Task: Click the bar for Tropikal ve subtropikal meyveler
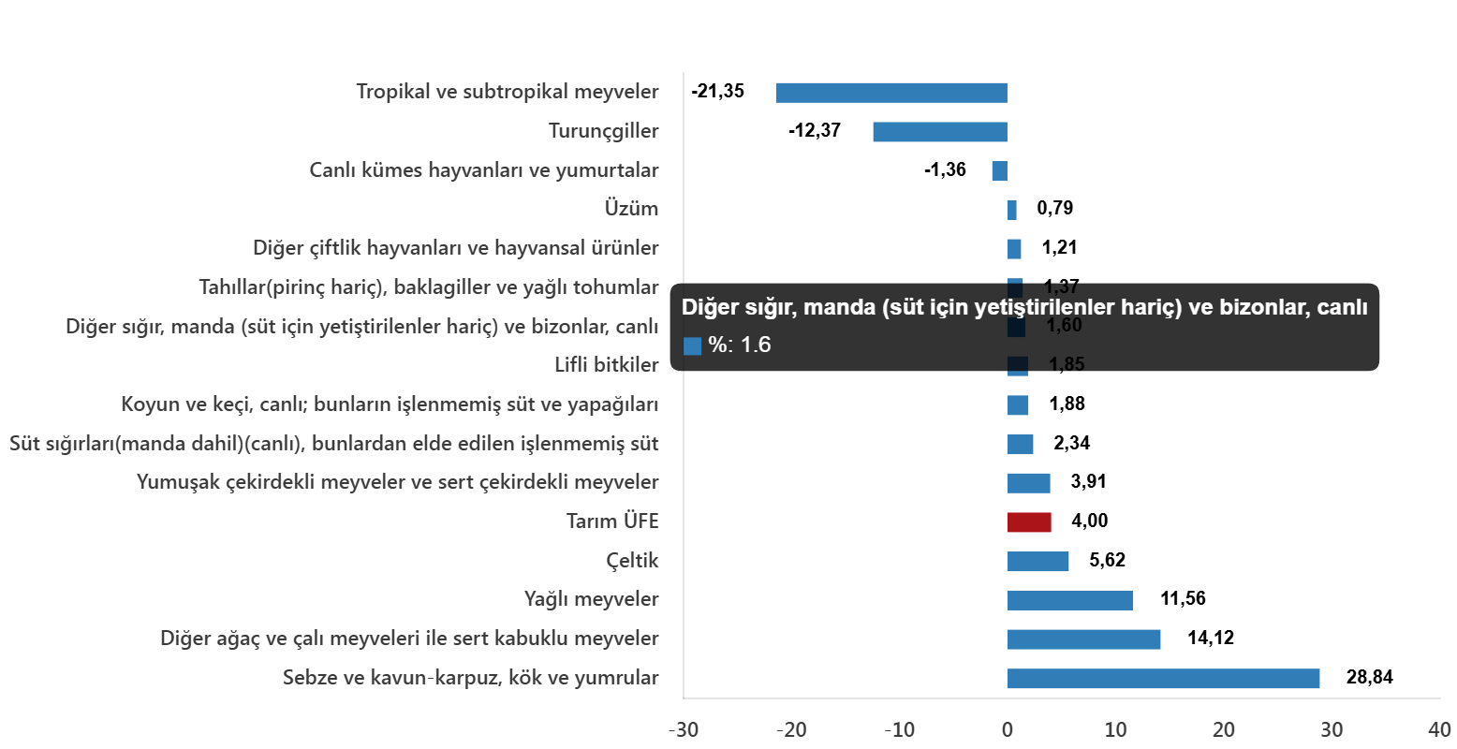[890, 93]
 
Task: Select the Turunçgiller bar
[939, 132]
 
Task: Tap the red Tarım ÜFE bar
[1028, 522]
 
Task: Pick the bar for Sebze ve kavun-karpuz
[1162, 679]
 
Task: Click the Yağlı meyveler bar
[1069, 600]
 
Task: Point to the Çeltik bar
[1038, 562]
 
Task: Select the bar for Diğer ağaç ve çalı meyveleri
[1083, 639]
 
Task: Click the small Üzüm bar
[1011, 210]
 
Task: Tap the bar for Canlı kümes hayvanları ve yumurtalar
[999, 171]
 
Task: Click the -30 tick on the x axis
[683, 729]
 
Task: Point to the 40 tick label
[1438, 729]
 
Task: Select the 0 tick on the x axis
[1007, 729]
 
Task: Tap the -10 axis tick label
[899, 729]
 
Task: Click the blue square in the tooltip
[692, 346]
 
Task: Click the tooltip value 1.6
[756, 345]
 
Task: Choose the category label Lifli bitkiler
[606, 365]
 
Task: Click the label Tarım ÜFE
[612, 521]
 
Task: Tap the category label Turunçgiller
[603, 131]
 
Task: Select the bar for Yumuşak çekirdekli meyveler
[1028, 483]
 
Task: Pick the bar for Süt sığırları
[1020, 444]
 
